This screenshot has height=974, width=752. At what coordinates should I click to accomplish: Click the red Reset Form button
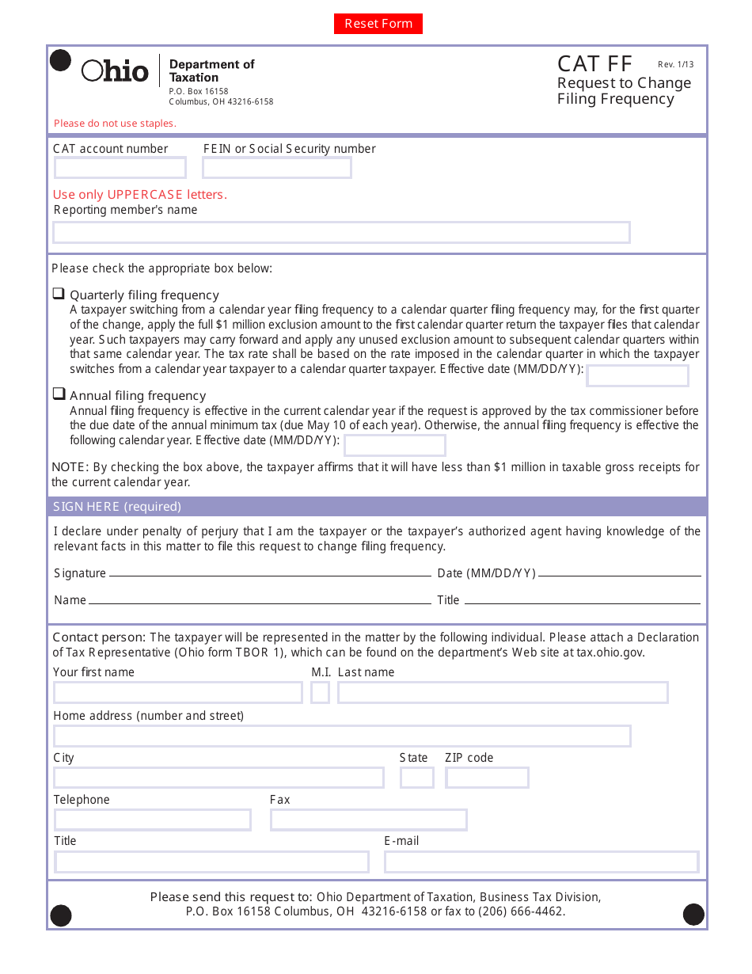(378, 24)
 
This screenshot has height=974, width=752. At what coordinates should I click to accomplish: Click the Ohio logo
(115, 71)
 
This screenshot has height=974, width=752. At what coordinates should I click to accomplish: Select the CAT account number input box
(120, 168)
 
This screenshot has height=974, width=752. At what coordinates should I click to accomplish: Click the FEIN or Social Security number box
(276, 168)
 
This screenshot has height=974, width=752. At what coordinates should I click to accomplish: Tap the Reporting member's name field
(341, 233)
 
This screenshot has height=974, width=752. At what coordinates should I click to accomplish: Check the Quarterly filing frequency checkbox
(59, 294)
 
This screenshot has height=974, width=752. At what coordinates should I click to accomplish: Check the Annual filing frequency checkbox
(59, 394)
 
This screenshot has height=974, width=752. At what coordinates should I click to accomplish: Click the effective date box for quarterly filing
(637, 376)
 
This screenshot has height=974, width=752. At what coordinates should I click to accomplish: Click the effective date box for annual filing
(383, 446)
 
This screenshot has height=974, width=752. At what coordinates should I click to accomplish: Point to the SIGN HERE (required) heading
(117, 507)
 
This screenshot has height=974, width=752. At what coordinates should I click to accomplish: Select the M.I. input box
(320, 693)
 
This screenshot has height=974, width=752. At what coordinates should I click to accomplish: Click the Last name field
(503, 693)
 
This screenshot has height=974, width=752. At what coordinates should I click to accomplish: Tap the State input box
(416, 778)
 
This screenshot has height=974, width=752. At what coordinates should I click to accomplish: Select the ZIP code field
(487, 778)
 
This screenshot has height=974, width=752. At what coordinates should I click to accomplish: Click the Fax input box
(368, 820)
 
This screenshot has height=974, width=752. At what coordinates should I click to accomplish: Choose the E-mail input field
(541, 862)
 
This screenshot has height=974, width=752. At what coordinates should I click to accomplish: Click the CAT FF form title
(594, 64)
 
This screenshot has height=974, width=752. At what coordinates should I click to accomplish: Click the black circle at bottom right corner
(693, 914)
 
